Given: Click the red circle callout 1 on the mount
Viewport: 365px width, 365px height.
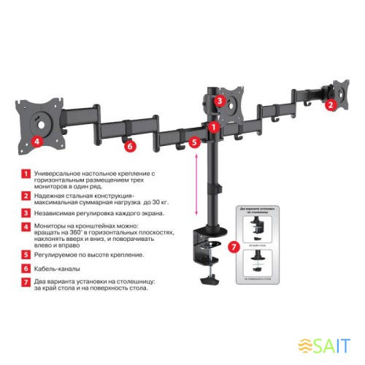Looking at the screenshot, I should [x=213, y=126].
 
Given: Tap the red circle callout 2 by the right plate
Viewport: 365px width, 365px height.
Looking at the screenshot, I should [x=330, y=105].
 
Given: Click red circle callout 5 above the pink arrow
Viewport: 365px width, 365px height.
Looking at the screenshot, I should [x=194, y=143].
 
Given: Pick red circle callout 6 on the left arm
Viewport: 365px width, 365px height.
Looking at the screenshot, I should [x=130, y=146].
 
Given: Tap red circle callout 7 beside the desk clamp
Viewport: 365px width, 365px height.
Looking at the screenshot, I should [x=233, y=248].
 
